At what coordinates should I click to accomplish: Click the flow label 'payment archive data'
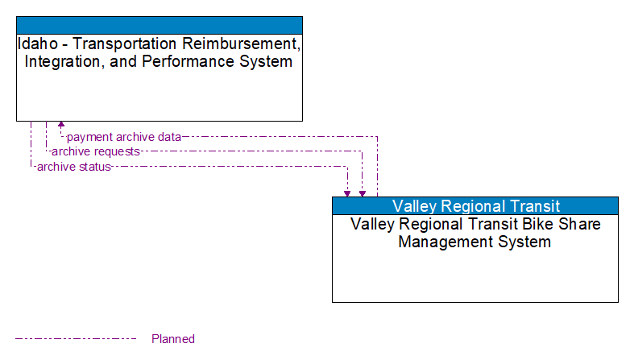tap(123, 137)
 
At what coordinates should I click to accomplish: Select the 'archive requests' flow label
tap(95, 151)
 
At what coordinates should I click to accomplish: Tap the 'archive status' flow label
tap(73, 167)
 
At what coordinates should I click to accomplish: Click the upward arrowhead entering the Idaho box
tap(61, 126)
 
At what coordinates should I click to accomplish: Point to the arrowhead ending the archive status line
tap(347, 192)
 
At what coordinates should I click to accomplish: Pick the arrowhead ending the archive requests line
tap(363, 192)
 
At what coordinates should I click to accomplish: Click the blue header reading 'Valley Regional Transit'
tap(475, 206)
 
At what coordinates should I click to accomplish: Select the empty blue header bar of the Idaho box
tap(160, 24)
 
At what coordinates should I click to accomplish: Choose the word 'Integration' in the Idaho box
tap(67, 61)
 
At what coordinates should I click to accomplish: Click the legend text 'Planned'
tap(173, 339)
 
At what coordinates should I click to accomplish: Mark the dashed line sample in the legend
tap(76, 339)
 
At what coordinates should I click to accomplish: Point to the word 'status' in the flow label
tap(95, 167)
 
